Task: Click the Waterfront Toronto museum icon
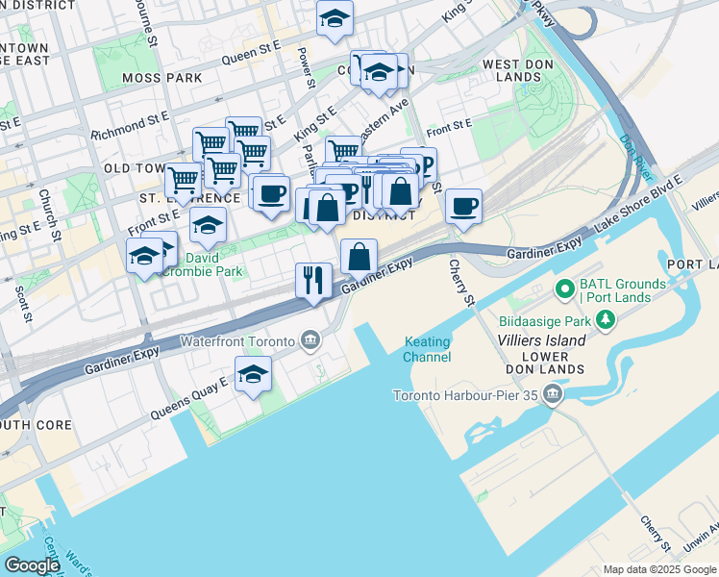click(x=310, y=339)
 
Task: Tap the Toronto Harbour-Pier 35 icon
click(x=552, y=394)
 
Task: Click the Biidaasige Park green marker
click(x=605, y=321)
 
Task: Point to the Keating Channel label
click(x=428, y=350)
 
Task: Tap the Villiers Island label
click(x=541, y=340)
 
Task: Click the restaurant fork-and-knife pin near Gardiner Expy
click(x=313, y=280)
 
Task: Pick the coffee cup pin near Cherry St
click(x=463, y=206)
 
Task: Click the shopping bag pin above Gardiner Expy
click(x=359, y=257)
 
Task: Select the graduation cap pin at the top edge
click(x=335, y=18)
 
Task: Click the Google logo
click(x=32, y=565)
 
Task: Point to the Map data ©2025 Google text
click(x=659, y=569)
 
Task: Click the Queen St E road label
click(x=251, y=58)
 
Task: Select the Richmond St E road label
click(x=130, y=126)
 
